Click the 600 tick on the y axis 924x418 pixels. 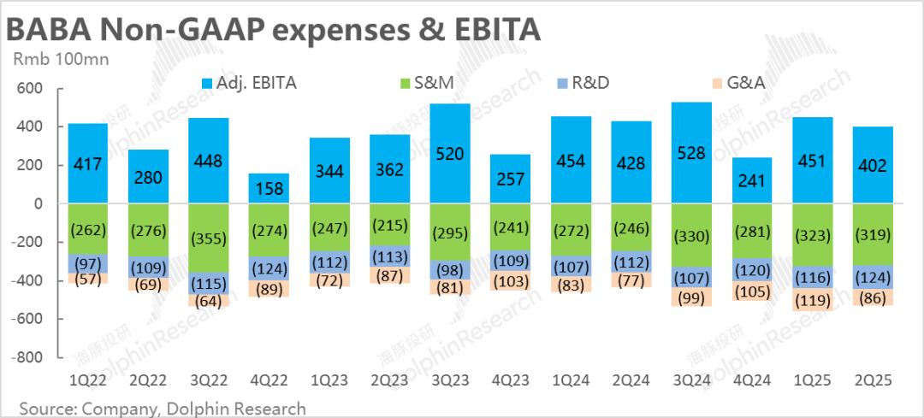(x=30, y=89)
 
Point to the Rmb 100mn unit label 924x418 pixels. (x=53, y=59)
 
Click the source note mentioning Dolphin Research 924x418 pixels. (x=163, y=408)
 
